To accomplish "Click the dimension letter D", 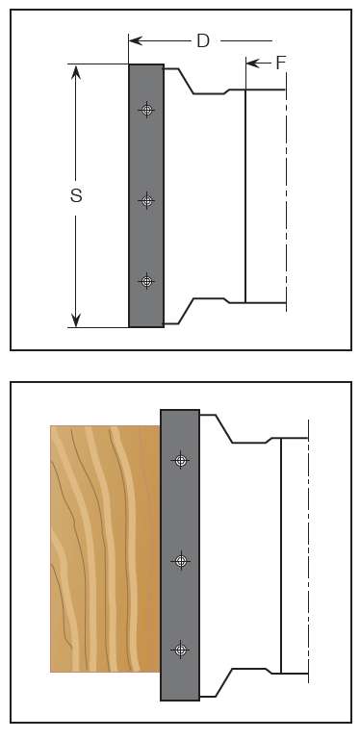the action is (x=203, y=41).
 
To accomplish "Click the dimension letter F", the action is (x=281, y=63).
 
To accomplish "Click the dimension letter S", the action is (x=76, y=195).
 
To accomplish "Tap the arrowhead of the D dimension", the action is (x=136, y=40).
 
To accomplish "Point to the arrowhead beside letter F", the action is (x=252, y=63).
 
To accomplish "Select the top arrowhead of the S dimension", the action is (x=75, y=71).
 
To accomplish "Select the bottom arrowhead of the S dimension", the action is (x=75, y=319).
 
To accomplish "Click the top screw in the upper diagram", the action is (x=146, y=110).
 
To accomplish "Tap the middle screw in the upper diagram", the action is (x=146, y=200).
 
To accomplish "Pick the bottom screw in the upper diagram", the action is (x=146, y=281).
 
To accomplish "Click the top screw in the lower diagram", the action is (x=181, y=460).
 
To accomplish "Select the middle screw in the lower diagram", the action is (x=181, y=561).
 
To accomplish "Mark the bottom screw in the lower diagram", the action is (x=181, y=650).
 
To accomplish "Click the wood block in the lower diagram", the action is (x=105, y=549).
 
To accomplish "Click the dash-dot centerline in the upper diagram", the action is (x=286, y=191).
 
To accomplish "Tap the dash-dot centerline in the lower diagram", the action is (x=308, y=550).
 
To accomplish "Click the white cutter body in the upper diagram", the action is (x=205, y=196).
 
